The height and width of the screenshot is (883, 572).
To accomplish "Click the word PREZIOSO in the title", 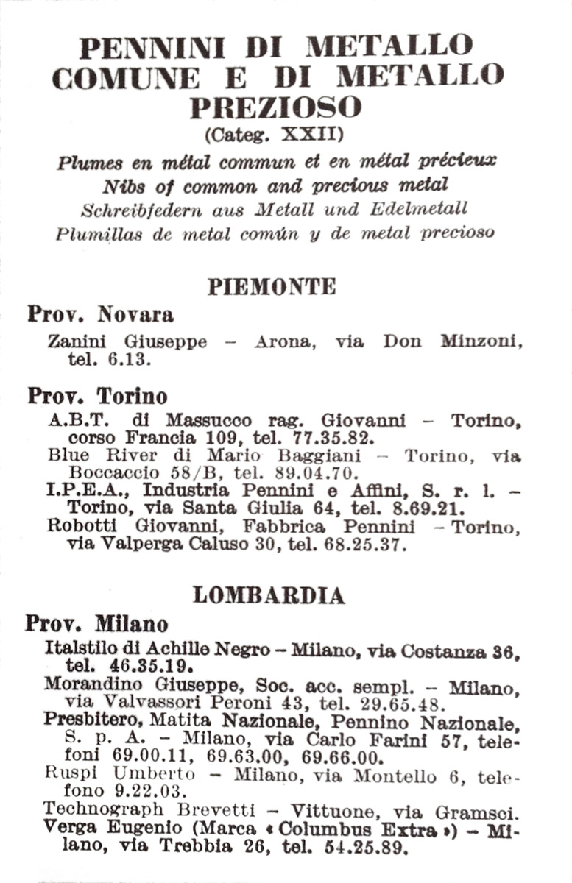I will click(x=275, y=107).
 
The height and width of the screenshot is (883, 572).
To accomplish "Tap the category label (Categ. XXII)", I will click(x=275, y=135).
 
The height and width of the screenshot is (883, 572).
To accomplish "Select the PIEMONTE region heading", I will click(x=272, y=286).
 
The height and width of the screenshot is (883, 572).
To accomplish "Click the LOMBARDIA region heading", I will click(x=269, y=595).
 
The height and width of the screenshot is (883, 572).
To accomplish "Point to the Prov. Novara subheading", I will click(x=101, y=315).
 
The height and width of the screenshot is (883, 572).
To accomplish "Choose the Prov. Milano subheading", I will click(x=96, y=624).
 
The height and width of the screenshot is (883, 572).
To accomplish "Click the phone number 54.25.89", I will click(x=371, y=848).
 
